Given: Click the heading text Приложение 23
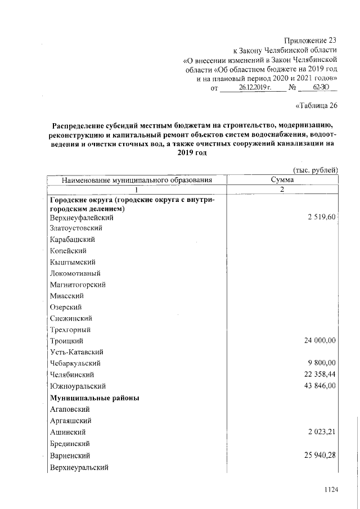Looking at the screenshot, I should coord(310,40).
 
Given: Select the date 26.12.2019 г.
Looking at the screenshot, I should coord(255,88).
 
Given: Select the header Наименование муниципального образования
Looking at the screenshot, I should coord(137,180).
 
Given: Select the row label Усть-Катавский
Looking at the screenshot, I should coord(76,352).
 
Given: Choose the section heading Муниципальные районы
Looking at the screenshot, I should coord(94,398).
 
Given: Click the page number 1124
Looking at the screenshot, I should coord(331,490).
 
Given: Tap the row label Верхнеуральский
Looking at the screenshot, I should coord(79,467).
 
